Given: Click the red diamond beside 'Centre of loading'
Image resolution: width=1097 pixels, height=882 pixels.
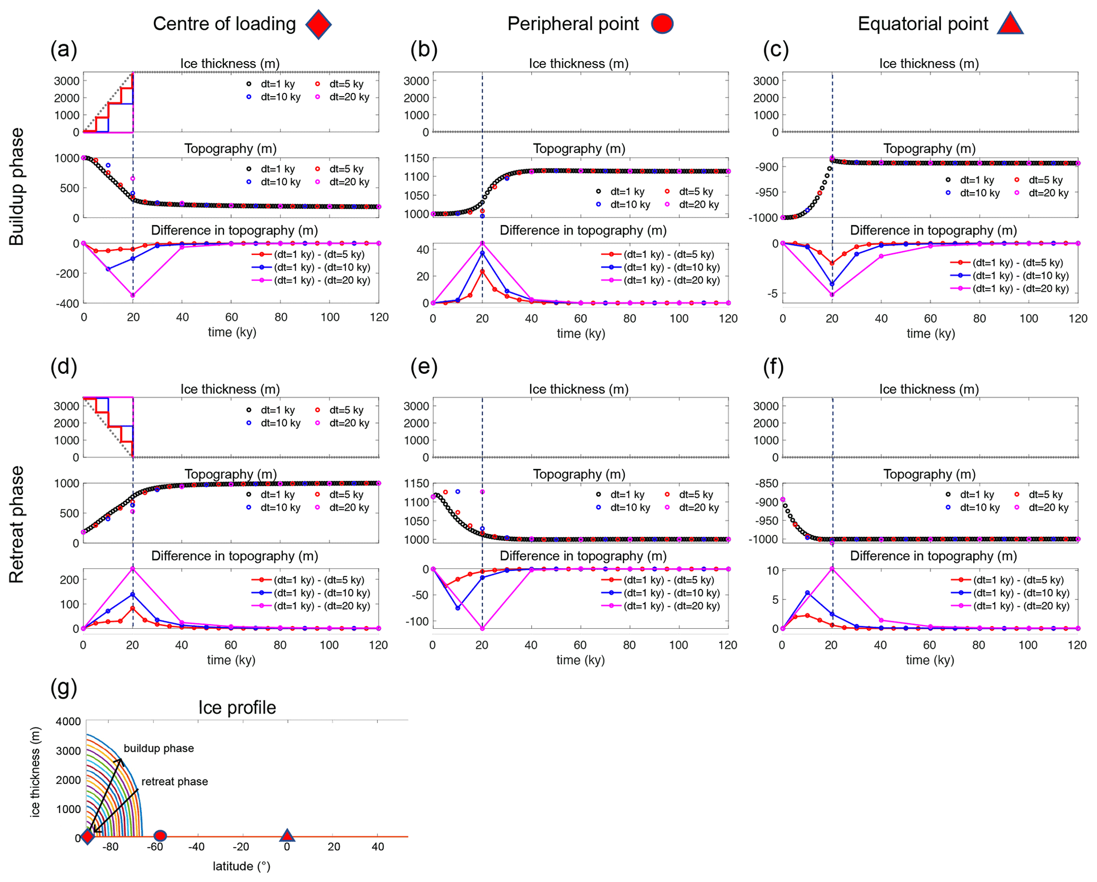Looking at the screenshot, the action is [x=318, y=24].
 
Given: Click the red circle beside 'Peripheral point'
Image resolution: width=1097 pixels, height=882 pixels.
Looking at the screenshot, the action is [x=662, y=24].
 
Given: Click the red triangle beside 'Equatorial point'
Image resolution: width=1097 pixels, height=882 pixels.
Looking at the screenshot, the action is [x=1009, y=23].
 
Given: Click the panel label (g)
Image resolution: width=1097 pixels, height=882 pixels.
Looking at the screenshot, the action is [x=64, y=688].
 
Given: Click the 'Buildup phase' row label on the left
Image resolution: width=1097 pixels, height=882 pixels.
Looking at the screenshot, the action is [x=17, y=186].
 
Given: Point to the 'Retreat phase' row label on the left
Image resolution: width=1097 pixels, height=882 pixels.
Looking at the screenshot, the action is [x=17, y=525].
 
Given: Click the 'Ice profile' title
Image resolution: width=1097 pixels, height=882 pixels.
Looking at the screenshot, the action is [x=237, y=707].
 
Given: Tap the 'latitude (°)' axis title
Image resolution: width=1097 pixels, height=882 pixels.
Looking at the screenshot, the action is [x=241, y=867].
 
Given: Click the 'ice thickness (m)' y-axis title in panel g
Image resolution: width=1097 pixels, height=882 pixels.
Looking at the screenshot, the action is [x=35, y=772].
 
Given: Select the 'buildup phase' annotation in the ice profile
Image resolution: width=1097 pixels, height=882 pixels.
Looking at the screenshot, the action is [x=159, y=748].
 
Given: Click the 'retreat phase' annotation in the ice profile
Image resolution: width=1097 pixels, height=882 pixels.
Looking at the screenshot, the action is [x=175, y=782].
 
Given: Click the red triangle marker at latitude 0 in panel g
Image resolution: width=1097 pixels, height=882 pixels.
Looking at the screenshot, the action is [x=287, y=835].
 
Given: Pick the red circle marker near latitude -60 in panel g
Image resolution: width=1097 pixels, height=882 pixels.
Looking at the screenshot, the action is [x=160, y=836].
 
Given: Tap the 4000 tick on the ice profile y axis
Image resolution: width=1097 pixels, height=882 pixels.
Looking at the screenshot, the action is [x=68, y=722].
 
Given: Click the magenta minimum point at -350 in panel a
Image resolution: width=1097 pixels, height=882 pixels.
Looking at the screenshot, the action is [x=133, y=295].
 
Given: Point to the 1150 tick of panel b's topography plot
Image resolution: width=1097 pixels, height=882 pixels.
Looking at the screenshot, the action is [x=417, y=158].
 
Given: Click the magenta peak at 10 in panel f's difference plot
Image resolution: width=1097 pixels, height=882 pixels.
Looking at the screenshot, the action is [x=832, y=569].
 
